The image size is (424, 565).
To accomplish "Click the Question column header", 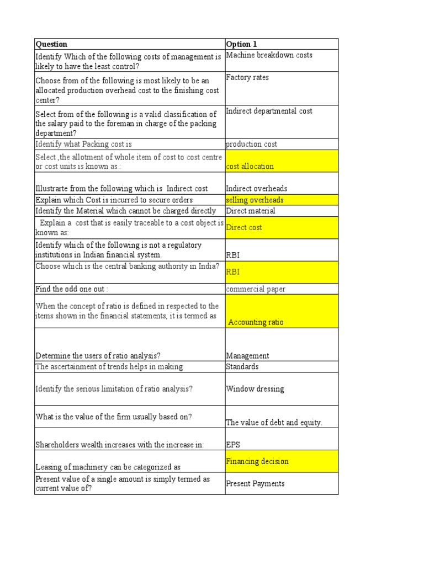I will (51, 44).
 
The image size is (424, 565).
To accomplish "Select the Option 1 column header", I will (241, 44).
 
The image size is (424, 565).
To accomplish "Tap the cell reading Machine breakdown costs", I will (269, 55).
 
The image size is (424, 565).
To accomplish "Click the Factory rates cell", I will (247, 78).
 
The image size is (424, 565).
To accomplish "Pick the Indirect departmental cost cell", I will (269, 111).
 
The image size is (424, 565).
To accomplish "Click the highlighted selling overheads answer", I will (255, 200).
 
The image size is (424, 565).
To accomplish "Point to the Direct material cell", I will (250, 211).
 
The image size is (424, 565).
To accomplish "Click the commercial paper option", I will (256, 289).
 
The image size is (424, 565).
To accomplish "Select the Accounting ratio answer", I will (256, 322).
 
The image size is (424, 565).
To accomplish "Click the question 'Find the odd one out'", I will (72, 289).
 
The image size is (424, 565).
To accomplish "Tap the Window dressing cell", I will (255, 389).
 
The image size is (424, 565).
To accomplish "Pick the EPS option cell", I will (233, 444).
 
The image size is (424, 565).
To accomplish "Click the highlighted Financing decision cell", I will (257, 461).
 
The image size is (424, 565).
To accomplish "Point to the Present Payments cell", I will (255, 484).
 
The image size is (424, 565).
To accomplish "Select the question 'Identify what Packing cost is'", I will (84, 144).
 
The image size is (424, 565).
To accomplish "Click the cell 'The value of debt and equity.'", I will (274, 423).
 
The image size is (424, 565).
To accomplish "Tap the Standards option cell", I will (242, 366).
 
